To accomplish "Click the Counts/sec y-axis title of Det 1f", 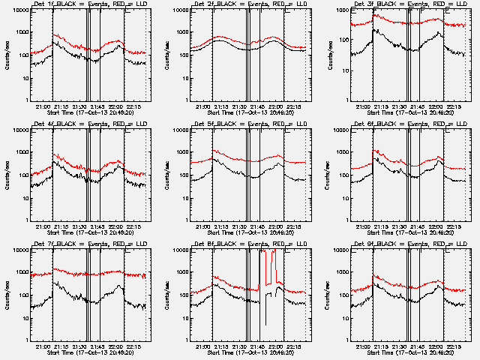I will coord(8,55).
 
